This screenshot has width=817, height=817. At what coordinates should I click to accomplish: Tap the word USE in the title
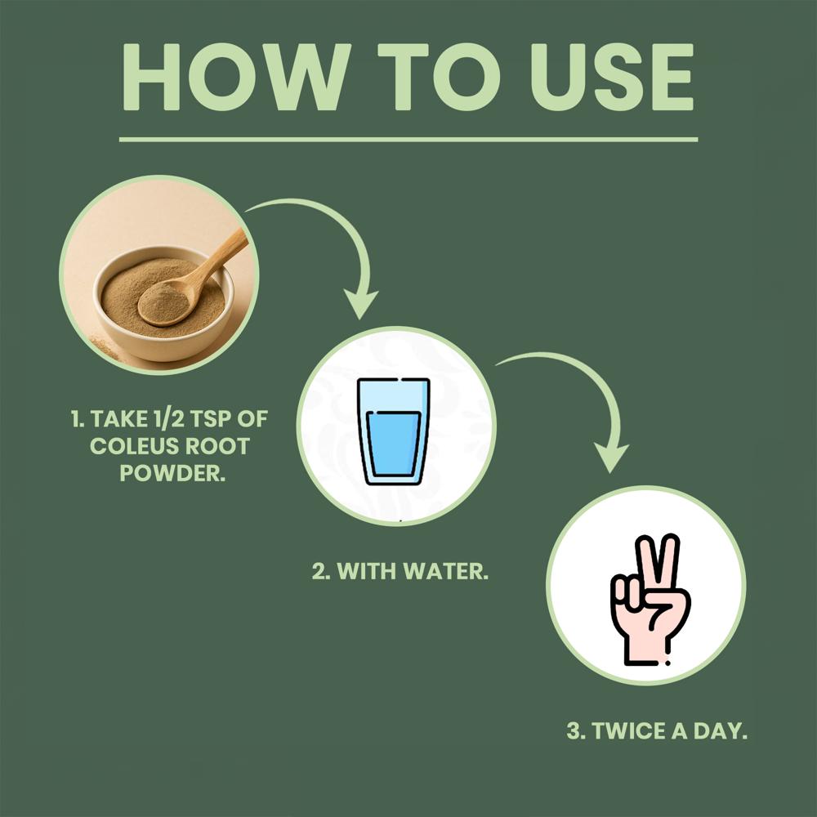pos(611,77)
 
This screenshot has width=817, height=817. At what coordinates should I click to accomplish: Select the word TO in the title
pos(439,77)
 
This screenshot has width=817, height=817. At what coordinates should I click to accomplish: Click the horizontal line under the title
pos(408,140)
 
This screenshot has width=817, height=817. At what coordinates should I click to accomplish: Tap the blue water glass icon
pos(394,431)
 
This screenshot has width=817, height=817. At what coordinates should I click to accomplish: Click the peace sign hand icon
pos(650,599)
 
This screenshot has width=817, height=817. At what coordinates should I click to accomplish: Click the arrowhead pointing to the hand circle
pos(610,458)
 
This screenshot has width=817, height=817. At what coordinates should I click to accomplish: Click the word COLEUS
pos(134,447)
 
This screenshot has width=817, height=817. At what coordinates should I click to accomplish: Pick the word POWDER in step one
pos(172,473)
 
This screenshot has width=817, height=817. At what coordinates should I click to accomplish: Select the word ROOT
pos(218,447)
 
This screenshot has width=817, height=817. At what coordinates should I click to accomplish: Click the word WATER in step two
pos(446,572)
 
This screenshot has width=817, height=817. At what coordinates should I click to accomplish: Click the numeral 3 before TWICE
pos(574,731)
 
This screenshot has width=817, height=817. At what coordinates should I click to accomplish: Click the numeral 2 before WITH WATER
pos(319,572)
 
